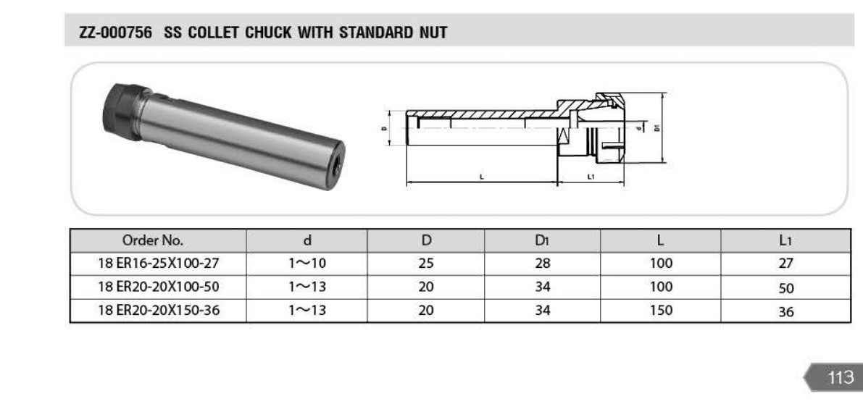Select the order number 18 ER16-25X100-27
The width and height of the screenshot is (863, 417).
pyautogui.click(x=159, y=264)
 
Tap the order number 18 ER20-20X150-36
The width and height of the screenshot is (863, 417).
pyautogui.click(x=159, y=311)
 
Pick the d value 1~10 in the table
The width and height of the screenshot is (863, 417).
pyautogui.click(x=307, y=264)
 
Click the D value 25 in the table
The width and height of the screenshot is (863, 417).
pyautogui.click(x=426, y=264)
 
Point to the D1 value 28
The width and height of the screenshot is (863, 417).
pyautogui.click(x=542, y=264)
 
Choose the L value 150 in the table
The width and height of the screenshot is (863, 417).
pyautogui.click(x=660, y=311)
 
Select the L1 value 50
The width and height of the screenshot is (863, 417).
pyautogui.click(x=786, y=288)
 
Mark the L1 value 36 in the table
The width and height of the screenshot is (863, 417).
pyautogui.click(x=786, y=312)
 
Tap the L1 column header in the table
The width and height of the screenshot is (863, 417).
pyautogui.click(x=785, y=240)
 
